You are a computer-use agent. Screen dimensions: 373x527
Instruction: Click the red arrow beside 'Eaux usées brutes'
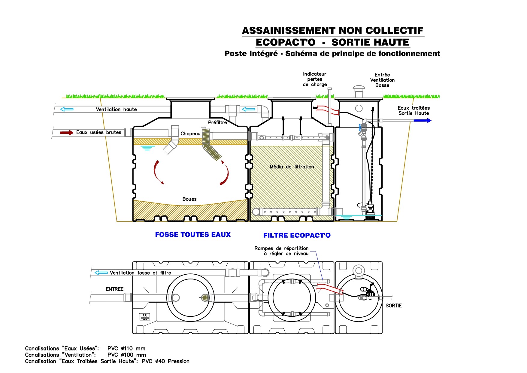pyautogui.click(x=66, y=133)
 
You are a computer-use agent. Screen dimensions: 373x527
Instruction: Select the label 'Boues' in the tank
pyautogui.click(x=189, y=199)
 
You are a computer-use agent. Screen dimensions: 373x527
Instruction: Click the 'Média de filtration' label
pyautogui.click(x=292, y=167)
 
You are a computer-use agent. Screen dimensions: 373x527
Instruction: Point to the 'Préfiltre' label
pyautogui.click(x=217, y=122)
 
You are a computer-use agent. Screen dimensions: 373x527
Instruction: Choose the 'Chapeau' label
pyautogui.click(x=190, y=134)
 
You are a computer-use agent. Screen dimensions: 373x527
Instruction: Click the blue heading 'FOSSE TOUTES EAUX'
pyautogui.click(x=193, y=235)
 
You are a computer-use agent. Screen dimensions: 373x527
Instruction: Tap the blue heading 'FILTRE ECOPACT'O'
pyautogui.click(x=297, y=235)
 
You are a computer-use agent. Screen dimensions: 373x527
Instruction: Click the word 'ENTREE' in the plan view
pyautogui.click(x=114, y=289)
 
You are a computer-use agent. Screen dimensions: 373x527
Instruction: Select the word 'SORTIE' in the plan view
pyautogui.click(x=393, y=306)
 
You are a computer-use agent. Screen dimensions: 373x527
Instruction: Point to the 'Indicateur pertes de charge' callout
pyautogui.click(x=314, y=79)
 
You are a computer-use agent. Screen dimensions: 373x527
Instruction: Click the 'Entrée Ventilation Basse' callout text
pyautogui.click(x=382, y=80)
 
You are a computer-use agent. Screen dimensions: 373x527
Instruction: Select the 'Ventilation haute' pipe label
pyautogui.click(x=116, y=109)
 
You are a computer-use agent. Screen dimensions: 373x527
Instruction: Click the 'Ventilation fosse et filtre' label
pyautogui.click(x=140, y=273)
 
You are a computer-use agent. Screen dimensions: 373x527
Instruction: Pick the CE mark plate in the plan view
pyautogui.click(x=145, y=317)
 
